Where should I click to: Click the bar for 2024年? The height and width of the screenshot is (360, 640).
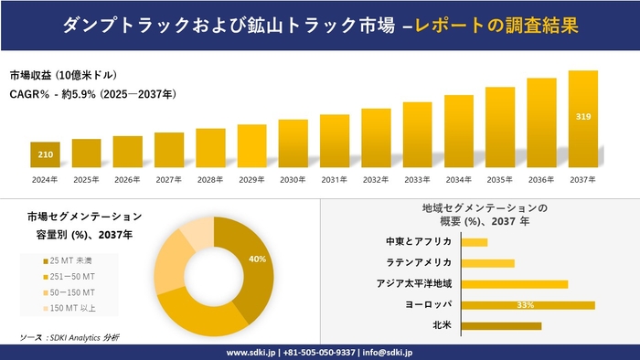pyautogui.click(x=45, y=154)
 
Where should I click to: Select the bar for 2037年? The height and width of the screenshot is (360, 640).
pyautogui.click(x=582, y=119)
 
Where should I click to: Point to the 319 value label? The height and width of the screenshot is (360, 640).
pyautogui.click(x=582, y=117)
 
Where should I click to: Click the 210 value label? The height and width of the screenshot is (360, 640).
pyautogui.click(x=45, y=154)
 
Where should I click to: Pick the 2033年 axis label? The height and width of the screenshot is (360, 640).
pyautogui.click(x=417, y=179)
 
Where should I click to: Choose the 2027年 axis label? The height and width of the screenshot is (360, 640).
pyautogui.click(x=169, y=179)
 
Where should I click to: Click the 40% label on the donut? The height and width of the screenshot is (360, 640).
pyautogui.click(x=257, y=259)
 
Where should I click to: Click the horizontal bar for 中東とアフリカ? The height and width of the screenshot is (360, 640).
pyautogui.click(x=475, y=242)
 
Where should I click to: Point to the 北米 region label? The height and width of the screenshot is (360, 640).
pyautogui.click(x=441, y=325)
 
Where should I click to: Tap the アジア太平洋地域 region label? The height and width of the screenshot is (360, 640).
pyautogui.click(x=413, y=283)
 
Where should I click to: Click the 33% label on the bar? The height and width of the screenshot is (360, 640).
pyautogui.click(x=525, y=304)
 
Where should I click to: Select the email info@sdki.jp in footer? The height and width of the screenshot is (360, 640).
pyautogui.click(x=389, y=352)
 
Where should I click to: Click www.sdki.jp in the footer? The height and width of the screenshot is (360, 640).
pyautogui.click(x=251, y=352)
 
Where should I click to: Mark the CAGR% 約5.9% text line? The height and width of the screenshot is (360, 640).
pyautogui.click(x=92, y=93)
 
